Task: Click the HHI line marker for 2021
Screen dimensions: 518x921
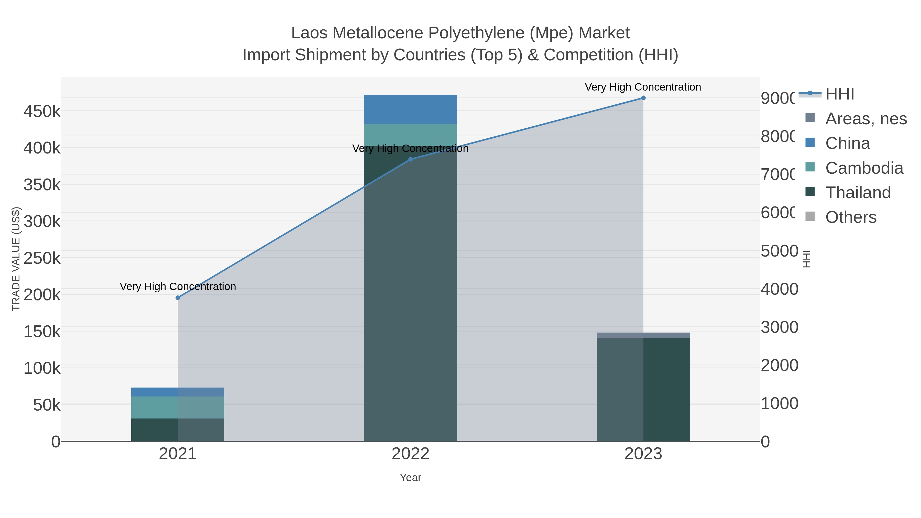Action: pos(178,298)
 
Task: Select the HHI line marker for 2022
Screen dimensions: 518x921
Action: pos(410,159)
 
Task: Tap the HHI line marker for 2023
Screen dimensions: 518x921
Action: pos(643,98)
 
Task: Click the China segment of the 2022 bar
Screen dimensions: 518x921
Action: pos(410,109)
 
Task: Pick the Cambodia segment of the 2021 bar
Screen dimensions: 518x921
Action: pos(178,407)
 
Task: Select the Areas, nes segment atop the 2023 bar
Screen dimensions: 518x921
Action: pos(643,335)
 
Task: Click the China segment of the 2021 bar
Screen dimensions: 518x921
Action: pos(178,392)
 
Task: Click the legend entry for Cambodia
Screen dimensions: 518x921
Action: pos(864,168)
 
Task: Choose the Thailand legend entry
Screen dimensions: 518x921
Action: pos(858,193)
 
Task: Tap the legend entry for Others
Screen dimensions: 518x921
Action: pos(851,217)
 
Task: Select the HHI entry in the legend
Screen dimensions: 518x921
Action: pos(839,94)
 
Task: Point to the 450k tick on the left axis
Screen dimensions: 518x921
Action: pos(42,112)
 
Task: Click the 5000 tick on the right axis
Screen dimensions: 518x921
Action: pos(779,251)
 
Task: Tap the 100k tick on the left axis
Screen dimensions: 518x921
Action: pos(42,368)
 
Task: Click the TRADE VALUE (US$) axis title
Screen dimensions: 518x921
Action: pos(16,259)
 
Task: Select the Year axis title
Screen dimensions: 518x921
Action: pos(410,478)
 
